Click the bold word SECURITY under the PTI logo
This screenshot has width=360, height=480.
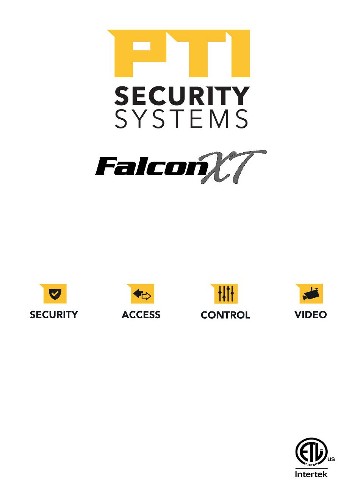[x=182, y=97]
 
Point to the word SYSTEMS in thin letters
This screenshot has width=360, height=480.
[x=182, y=119]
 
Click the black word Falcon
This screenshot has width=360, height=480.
[x=150, y=167]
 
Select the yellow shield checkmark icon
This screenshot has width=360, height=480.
[x=55, y=294]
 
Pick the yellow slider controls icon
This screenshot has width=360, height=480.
[x=225, y=294]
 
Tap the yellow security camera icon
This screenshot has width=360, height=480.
[x=310, y=294]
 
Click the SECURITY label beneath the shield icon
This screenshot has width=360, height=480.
[x=54, y=315]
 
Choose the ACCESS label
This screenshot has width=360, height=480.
[x=141, y=315]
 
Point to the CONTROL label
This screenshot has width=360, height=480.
[x=225, y=315]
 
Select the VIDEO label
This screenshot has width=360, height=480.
[x=311, y=315]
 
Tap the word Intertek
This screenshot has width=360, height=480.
[x=311, y=474]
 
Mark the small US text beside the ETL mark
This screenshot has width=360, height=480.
[x=331, y=460]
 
